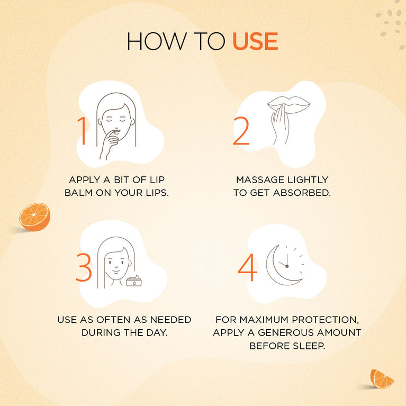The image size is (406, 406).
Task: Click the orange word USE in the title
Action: [x=255, y=41]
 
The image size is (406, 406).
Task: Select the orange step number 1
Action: [x=83, y=131]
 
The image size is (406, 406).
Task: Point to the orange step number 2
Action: [x=241, y=131]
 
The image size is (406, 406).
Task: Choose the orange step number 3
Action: [x=84, y=267]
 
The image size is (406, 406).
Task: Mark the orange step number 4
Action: [x=247, y=267]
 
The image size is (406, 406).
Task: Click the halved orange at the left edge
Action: [x=34, y=216]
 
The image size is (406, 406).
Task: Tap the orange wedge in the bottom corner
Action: [x=382, y=379]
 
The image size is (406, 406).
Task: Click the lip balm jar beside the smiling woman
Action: [x=134, y=281]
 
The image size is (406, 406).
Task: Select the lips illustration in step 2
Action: [x=288, y=105]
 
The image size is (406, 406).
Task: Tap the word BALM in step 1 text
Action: [x=78, y=193]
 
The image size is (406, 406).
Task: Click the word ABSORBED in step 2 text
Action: [x=302, y=193]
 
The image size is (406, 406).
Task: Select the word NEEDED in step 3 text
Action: [x=170, y=320]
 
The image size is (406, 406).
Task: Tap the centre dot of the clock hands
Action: [x=287, y=266]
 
